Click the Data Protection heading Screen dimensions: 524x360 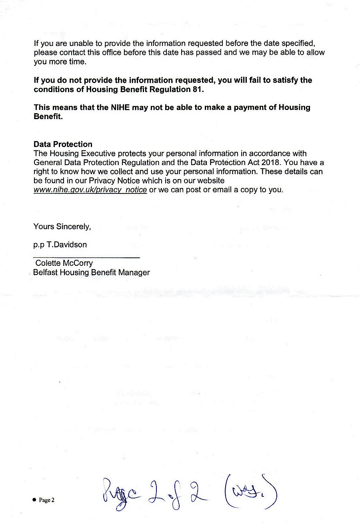[63, 144]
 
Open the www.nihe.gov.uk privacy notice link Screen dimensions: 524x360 [90, 190]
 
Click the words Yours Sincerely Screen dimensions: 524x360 [62, 227]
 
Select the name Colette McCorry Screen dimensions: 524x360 [64, 263]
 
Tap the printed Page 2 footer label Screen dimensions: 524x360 [46, 500]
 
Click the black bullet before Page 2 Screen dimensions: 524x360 [34, 500]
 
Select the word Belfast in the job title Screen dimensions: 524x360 [46, 273]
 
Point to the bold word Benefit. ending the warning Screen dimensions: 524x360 [48, 117]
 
